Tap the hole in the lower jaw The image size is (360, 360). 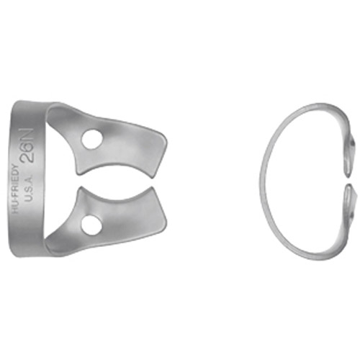tap(91, 225)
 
